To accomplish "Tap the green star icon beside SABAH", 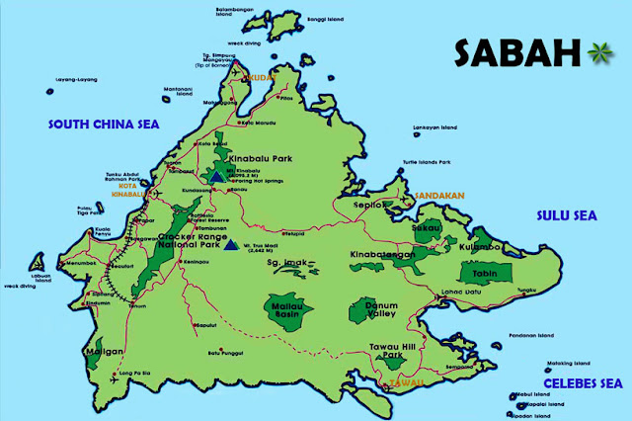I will pyautogui.click(x=596, y=50).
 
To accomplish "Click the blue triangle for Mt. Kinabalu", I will pyautogui.click(x=215, y=178).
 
